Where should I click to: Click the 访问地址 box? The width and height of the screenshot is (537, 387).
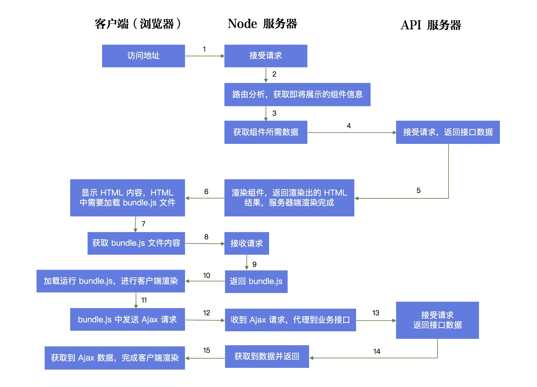click(x=143, y=56)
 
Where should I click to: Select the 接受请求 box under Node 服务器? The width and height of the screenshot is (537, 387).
click(x=266, y=56)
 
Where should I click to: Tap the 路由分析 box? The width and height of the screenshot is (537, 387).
click(x=297, y=94)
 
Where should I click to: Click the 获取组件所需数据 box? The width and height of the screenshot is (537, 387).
click(x=266, y=132)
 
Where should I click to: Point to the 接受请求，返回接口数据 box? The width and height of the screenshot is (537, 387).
click(x=448, y=132)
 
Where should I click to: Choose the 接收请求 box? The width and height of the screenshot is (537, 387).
click(x=246, y=243)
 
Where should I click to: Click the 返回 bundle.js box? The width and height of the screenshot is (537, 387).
click(x=256, y=281)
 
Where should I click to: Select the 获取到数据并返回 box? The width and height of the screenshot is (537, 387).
click(x=267, y=356)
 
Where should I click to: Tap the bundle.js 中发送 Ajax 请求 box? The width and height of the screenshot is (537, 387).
click(x=127, y=319)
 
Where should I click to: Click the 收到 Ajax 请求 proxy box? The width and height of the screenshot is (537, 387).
click(x=290, y=320)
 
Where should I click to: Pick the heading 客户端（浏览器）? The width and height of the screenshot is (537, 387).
click(x=138, y=24)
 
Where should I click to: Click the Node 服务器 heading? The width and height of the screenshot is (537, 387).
click(x=262, y=24)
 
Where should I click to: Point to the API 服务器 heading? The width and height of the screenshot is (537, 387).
click(x=431, y=25)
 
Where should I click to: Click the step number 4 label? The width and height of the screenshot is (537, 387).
click(x=349, y=126)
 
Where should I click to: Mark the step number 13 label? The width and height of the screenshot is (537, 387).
click(x=376, y=313)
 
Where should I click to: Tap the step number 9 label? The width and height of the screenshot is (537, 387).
click(x=254, y=264)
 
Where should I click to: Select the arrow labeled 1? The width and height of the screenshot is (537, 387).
click(x=204, y=56)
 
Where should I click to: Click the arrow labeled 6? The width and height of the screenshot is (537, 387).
click(x=205, y=198)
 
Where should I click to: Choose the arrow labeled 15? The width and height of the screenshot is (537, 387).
click(x=205, y=358)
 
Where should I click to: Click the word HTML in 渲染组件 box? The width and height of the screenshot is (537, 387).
click(x=335, y=193)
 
